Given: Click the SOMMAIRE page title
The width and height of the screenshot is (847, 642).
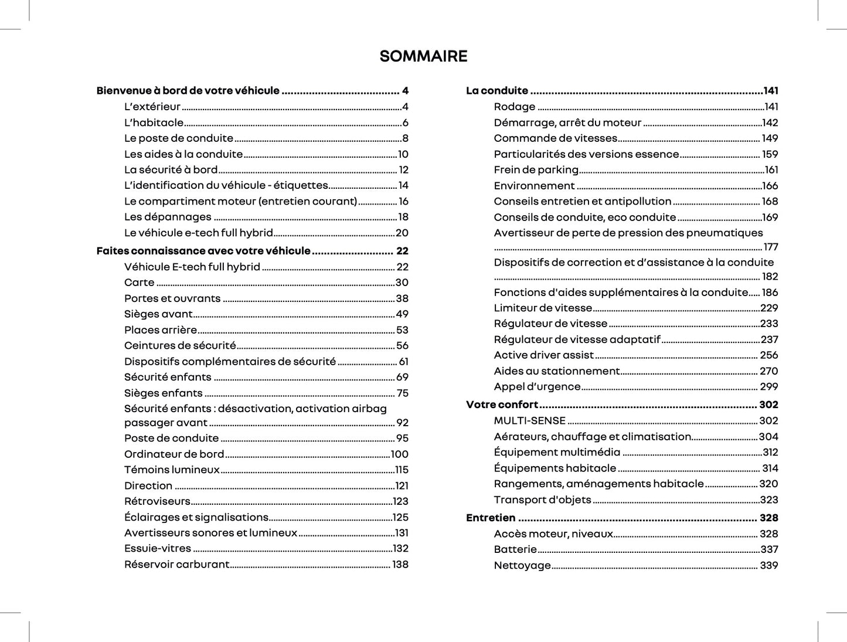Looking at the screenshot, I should click(x=423, y=56).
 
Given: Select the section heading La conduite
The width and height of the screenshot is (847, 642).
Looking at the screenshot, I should click(x=497, y=91).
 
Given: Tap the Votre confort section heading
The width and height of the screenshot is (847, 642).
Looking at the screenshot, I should click(x=502, y=405).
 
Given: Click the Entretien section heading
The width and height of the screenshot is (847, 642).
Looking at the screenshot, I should click(x=491, y=518).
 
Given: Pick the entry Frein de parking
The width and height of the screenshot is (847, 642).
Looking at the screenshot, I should click(x=536, y=170).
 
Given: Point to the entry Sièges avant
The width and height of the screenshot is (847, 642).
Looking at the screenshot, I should click(x=158, y=314).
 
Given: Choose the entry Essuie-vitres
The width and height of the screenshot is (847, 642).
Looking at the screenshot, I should click(x=158, y=549).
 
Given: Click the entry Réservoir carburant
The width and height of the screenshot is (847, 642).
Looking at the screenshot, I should click(x=176, y=565).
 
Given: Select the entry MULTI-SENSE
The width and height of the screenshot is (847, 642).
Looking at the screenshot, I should click(x=529, y=421).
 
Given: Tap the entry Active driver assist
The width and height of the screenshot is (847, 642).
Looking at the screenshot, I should click(x=543, y=355).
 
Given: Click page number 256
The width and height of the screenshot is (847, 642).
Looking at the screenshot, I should click(x=768, y=355).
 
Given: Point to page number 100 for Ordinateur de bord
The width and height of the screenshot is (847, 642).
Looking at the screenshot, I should click(x=399, y=454).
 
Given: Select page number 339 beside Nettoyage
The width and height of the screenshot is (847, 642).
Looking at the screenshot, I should click(x=768, y=566).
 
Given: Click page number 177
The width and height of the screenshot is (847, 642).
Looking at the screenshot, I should click(x=770, y=247).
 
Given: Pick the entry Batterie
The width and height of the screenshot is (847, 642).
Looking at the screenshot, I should click(x=515, y=549).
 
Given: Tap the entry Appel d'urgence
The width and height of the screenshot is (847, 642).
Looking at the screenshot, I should click(x=537, y=387).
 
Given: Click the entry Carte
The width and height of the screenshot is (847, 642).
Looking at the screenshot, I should click(x=140, y=283).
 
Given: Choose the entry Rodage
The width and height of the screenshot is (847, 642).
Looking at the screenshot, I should click(x=514, y=107).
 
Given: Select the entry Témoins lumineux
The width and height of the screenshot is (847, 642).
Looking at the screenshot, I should click(x=172, y=470).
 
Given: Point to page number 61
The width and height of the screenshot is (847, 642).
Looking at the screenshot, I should click(x=403, y=362).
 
